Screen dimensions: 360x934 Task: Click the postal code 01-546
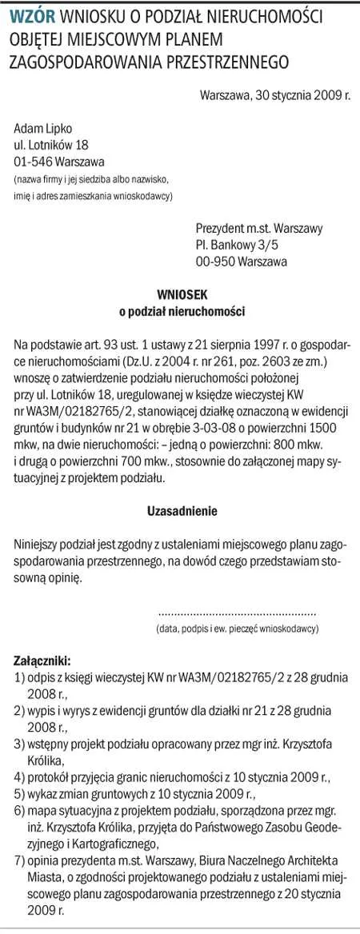[31, 161]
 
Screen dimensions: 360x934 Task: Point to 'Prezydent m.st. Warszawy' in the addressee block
[259, 228]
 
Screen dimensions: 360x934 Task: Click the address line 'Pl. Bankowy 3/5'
[237, 244]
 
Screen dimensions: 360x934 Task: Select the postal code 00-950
[214, 261]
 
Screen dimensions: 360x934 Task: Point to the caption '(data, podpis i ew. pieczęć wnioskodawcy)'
[237, 628]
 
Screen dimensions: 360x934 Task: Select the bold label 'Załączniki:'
[42, 661]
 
